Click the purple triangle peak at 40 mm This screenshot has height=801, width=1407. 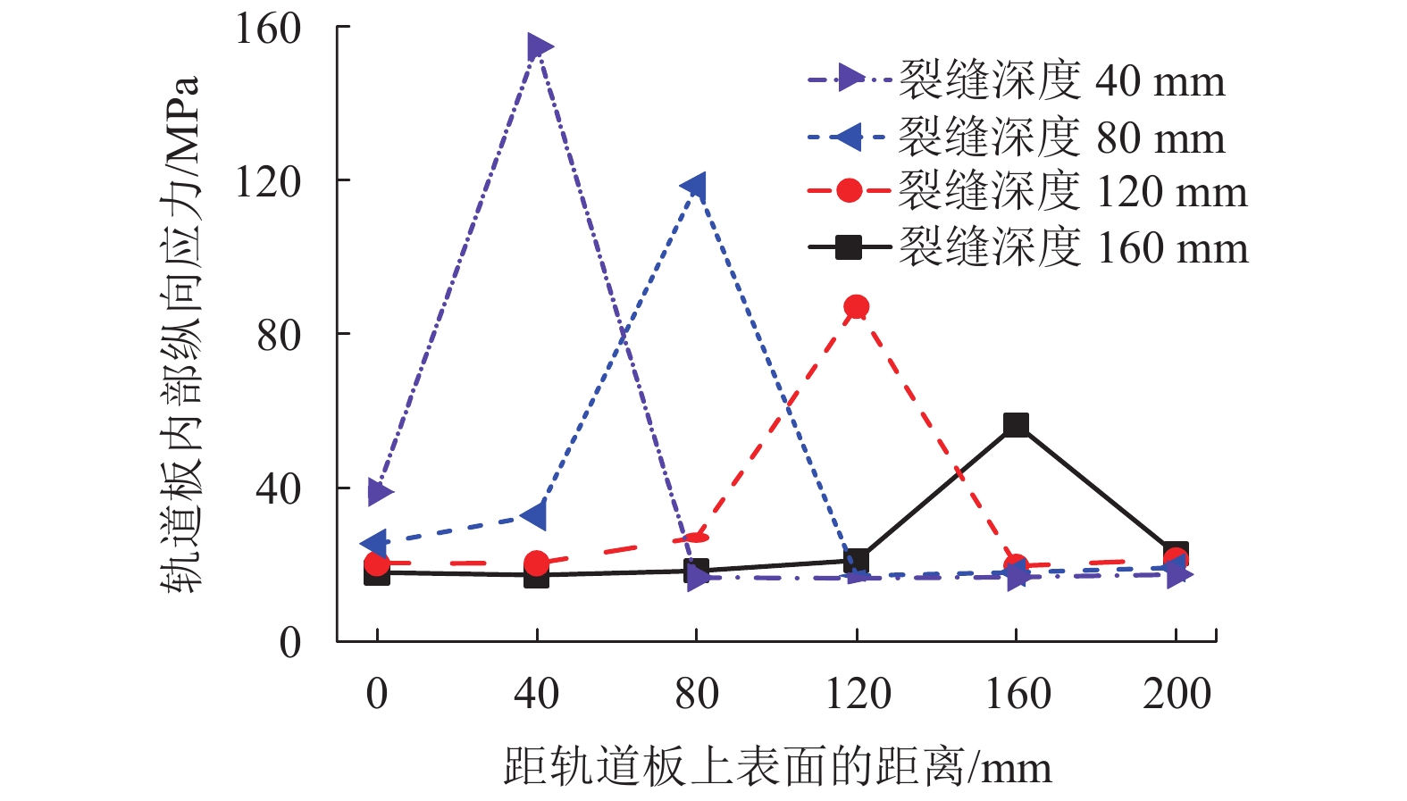tap(538, 47)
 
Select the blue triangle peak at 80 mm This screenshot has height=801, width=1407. tap(694, 188)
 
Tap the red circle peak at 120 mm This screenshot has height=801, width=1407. tap(856, 307)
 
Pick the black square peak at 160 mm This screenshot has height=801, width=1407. tap(1016, 424)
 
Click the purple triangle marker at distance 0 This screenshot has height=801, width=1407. tap(380, 491)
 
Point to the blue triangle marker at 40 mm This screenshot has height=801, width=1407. tap(535, 515)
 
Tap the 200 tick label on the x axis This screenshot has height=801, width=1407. tap(1177, 694)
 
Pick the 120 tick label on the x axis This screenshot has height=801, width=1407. tap(858, 694)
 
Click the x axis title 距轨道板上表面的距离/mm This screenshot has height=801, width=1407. tap(777, 766)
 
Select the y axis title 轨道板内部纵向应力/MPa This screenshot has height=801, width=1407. tap(181, 335)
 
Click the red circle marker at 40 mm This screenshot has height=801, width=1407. tap(536, 563)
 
